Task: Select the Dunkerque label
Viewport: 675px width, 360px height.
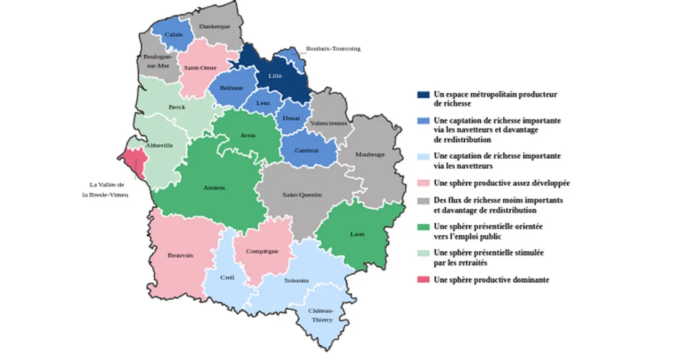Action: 217,26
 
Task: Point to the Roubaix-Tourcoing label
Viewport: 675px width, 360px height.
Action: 333,48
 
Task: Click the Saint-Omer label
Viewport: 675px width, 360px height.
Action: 196,68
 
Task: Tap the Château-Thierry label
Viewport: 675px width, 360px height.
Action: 323,315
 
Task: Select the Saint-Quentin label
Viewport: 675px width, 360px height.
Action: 302,195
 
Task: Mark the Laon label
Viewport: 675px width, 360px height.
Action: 357,234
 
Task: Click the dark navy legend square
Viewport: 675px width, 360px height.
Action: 422,95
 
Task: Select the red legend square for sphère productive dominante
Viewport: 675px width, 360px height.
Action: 422,280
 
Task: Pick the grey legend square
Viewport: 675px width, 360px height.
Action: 422,201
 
